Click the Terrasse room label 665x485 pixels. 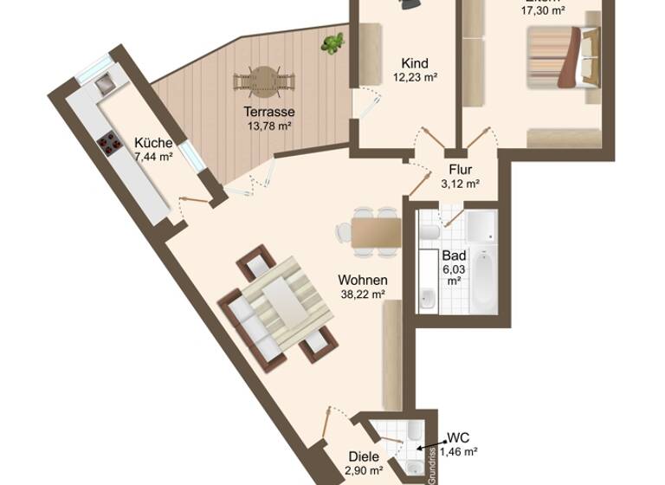[268, 112]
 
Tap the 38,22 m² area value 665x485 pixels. [362, 294]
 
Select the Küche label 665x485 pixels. [153, 143]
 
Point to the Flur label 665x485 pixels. [460, 169]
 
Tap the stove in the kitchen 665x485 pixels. [109, 143]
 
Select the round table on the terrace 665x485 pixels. [265, 81]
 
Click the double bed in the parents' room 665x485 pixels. [563, 56]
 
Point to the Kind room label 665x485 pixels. [415, 63]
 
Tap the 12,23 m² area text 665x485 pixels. [415, 77]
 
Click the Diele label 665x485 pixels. [365, 456]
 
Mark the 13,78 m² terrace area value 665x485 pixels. [268, 126]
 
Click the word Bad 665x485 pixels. [454, 256]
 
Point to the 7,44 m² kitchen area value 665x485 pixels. [153, 157]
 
